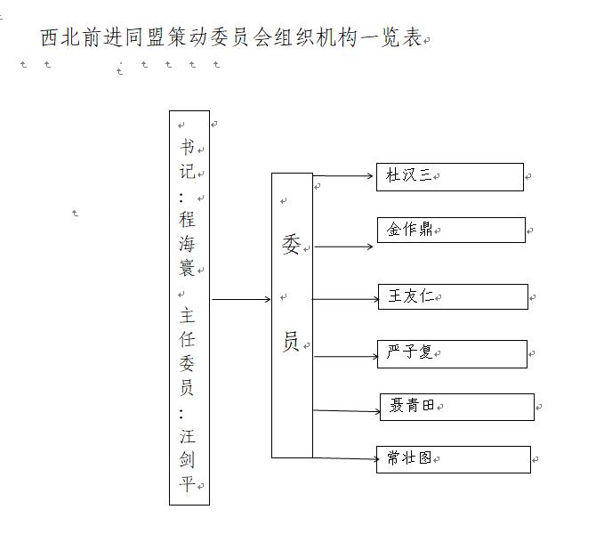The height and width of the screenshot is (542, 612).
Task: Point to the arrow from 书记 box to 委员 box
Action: point(241,300)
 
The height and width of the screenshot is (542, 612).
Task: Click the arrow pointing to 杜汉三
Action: point(343,176)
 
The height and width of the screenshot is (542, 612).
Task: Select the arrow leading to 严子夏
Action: point(346,356)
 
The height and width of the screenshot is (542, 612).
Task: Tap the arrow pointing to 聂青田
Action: point(347,411)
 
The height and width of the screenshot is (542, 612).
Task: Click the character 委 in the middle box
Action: point(291,245)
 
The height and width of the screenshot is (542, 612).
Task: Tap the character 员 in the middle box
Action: point(291,341)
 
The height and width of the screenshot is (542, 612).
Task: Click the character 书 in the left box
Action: point(188,147)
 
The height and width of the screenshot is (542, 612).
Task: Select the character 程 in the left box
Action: point(187,219)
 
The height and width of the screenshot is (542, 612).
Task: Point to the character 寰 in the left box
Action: point(187,268)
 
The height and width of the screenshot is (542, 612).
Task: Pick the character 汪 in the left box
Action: point(188,436)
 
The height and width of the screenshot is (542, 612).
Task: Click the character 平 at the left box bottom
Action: point(187,484)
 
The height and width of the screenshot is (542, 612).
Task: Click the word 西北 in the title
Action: point(60,38)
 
